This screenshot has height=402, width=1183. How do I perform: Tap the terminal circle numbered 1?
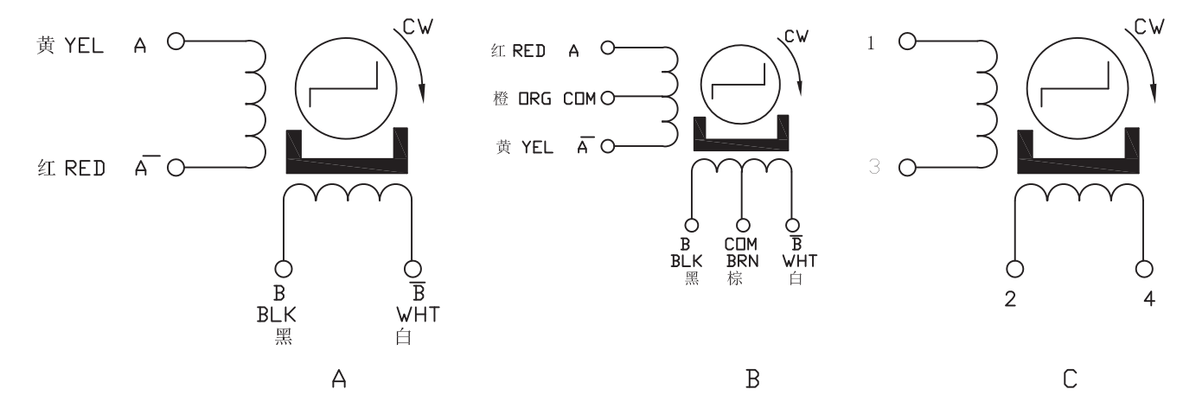[x=907, y=41]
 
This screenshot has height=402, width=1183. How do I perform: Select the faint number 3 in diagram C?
[x=873, y=167]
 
